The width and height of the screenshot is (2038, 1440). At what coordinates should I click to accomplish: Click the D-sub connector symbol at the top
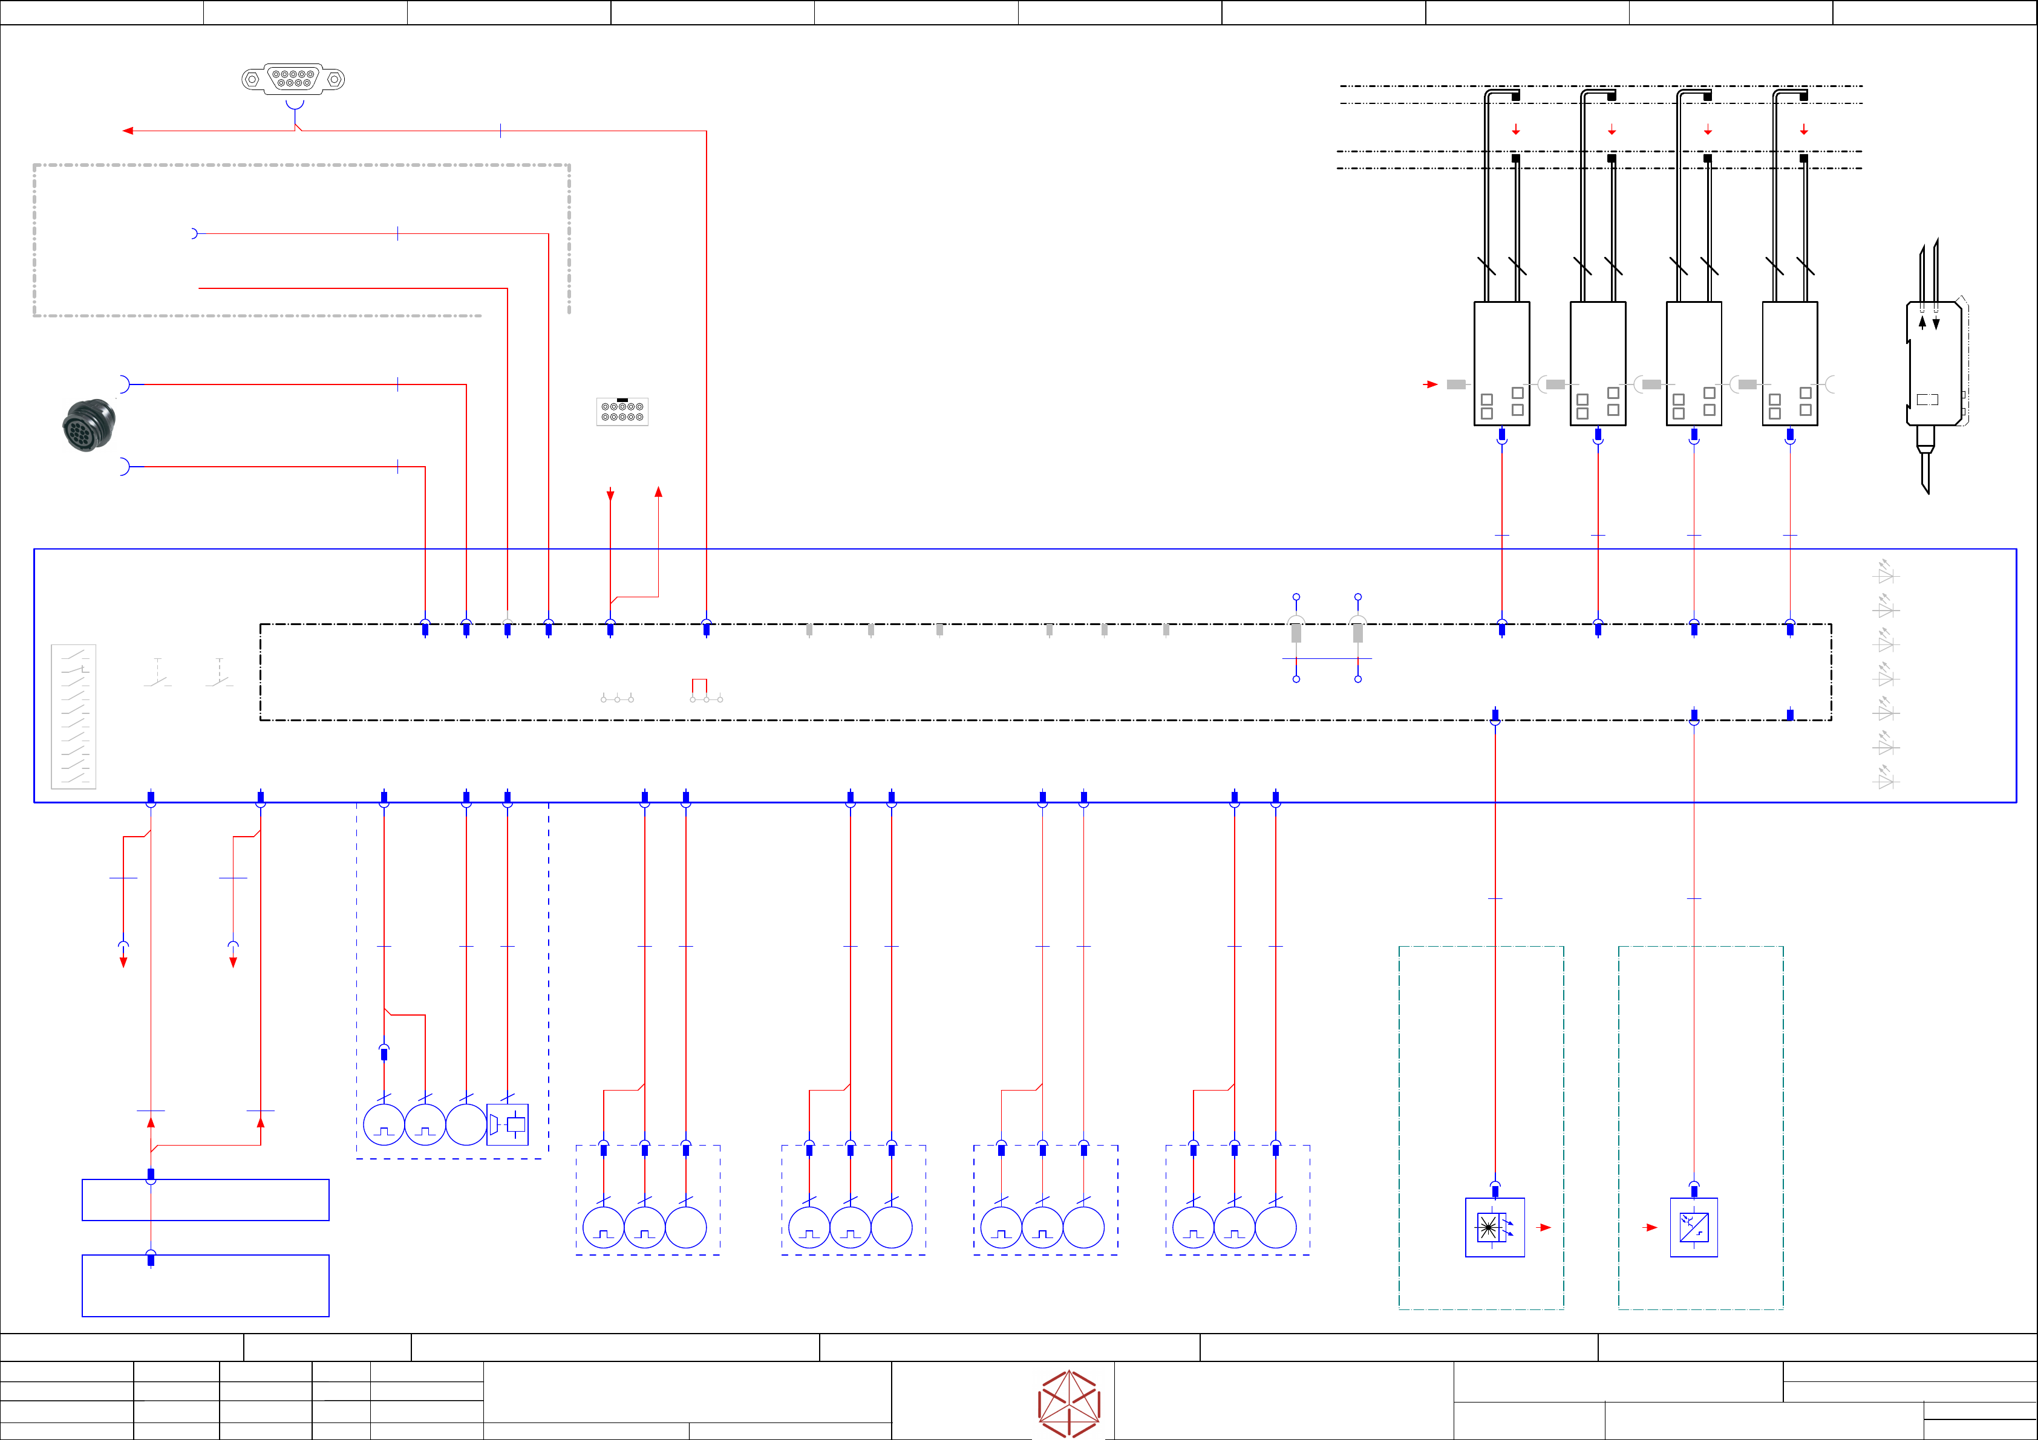pos(293,79)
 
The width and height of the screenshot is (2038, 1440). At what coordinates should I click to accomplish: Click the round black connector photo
pos(89,425)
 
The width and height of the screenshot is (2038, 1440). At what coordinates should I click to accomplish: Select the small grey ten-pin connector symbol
pos(622,412)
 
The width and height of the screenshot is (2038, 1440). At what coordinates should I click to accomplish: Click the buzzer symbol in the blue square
pos(508,1124)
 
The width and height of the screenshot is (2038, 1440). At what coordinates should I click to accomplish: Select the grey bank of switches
pos(74,716)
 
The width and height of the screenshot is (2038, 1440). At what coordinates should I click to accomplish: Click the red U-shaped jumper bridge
pos(699,685)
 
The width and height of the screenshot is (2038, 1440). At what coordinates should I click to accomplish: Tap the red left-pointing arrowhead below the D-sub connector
pos(128,131)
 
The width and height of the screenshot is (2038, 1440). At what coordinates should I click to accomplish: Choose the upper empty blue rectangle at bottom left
pos(205,1199)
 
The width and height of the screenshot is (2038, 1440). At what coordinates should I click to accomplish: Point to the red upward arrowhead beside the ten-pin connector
pos(659,491)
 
